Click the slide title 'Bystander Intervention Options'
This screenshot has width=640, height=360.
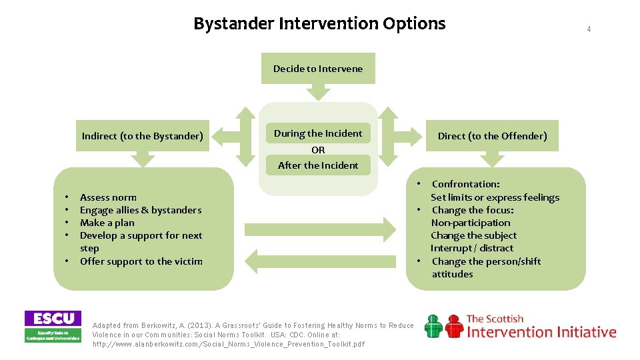pyautogui.click(x=319, y=24)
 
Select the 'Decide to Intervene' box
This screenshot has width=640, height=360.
pyautogui.click(x=318, y=69)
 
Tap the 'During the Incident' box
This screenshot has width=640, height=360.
pyautogui.click(x=318, y=133)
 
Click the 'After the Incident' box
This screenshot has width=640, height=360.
pyautogui.click(x=318, y=165)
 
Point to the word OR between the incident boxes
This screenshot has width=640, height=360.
pyautogui.click(x=318, y=150)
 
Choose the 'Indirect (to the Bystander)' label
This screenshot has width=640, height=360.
pyautogui.click(x=142, y=136)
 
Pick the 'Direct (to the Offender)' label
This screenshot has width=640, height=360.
pyautogui.click(x=492, y=136)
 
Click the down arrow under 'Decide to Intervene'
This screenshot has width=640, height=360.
pyautogui.click(x=318, y=93)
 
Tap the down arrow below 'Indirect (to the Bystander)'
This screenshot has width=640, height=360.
pyautogui.click(x=142, y=159)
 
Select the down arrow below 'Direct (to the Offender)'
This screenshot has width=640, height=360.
pyautogui.click(x=492, y=159)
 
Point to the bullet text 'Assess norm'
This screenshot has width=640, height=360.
pyautogui.click(x=108, y=197)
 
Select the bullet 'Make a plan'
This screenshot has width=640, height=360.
pyautogui.click(x=107, y=223)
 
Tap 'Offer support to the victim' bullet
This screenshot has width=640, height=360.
pyautogui.click(x=141, y=261)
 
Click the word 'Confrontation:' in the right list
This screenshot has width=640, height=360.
pyautogui.click(x=465, y=184)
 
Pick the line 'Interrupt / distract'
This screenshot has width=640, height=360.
pyautogui.click(x=472, y=248)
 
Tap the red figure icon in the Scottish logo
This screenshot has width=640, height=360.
pyautogui.click(x=455, y=326)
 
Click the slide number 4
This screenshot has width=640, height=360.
pyautogui.click(x=589, y=29)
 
